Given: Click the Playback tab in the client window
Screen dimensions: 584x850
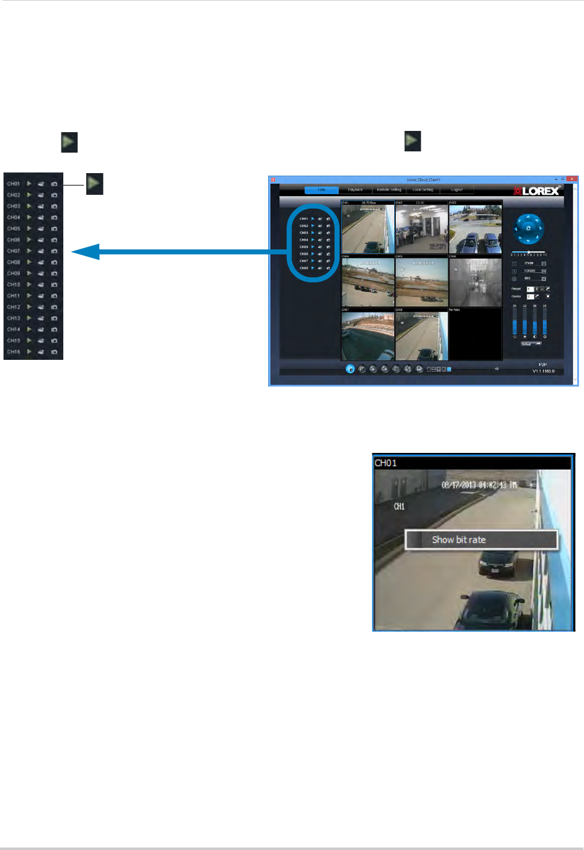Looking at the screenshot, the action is point(355,190).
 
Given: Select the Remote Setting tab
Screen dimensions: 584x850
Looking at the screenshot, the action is point(389,190).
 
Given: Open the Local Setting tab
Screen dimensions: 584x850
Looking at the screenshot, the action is point(423,190).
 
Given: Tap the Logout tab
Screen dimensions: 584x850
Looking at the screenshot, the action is point(457,190).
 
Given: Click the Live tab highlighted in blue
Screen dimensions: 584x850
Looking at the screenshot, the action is point(321,190).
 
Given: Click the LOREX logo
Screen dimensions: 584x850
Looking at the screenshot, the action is point(537,190).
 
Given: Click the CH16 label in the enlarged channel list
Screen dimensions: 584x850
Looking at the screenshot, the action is point(14,352).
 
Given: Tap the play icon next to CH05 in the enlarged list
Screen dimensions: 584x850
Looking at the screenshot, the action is point(29,228).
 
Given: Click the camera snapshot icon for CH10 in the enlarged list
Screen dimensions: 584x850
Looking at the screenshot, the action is point(54,285).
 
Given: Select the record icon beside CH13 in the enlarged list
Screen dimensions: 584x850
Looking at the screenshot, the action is point(41,318).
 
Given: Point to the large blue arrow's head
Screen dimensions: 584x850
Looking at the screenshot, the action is point(84,251).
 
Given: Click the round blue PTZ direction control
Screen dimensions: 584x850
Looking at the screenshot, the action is point(528,228).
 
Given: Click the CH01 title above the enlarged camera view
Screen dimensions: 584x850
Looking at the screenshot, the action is point(385,463).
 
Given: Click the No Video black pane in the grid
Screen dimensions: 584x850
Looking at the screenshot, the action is point(475,334).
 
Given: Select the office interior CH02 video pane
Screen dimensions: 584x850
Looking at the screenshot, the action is point(421,228).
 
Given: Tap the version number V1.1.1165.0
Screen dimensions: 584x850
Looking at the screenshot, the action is point(543,372).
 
